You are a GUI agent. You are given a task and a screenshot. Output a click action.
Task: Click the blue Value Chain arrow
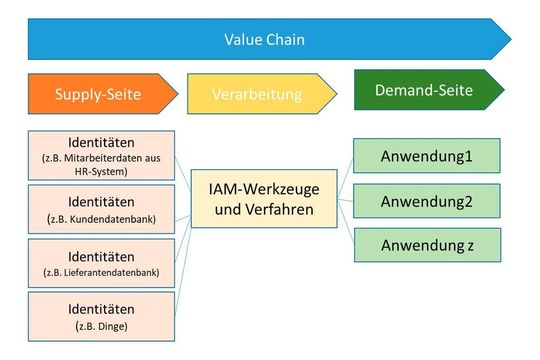tap(264, 41)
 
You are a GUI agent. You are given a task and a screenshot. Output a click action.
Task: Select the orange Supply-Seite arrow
tap(97, 94)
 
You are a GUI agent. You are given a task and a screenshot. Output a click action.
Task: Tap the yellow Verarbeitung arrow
tap(255, 94)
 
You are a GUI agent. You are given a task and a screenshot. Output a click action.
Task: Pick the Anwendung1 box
tap(425, 156)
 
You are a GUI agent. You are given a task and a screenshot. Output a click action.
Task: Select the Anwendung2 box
tap(425, 200)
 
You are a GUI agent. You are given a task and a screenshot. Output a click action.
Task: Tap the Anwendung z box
tap(425, 245)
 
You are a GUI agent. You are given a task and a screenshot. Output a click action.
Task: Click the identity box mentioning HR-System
tap(100, 155)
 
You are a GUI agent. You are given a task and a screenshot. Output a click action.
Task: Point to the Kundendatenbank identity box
tap(100, 209)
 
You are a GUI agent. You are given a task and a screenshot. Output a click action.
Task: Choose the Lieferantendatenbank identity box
tap(100, 263)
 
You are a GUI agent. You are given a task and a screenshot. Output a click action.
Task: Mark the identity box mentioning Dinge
tap(100, 316)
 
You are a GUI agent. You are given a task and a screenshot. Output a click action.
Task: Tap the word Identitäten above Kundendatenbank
tap(100, 200)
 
